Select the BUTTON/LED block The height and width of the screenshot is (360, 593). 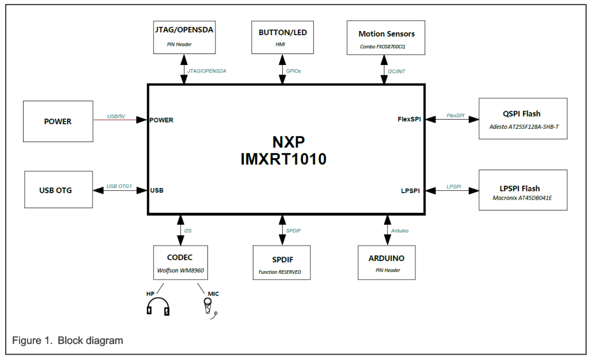coord(283,37)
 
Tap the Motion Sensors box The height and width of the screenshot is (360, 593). coord(386,38)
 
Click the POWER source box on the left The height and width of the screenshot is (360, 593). coord(58,121)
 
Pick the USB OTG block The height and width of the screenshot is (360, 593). coord(58,189)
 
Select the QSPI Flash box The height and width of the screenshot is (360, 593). coord(522,118)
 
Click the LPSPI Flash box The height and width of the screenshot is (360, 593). coord(522,190)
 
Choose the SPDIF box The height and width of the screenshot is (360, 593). coord(281,263)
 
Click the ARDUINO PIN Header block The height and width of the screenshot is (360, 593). coord(386,263)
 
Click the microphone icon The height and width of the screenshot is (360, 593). coord(209,308)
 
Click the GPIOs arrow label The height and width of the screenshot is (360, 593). coord(293,71)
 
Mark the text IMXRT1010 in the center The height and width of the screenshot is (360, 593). coord(283,159)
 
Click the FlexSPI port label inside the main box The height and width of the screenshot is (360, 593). coord(409,120)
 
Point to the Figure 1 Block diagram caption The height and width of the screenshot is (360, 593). coord(68,340)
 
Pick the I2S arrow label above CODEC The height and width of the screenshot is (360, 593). coord(187,231)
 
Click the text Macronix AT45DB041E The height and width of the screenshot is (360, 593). coord(522,198)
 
